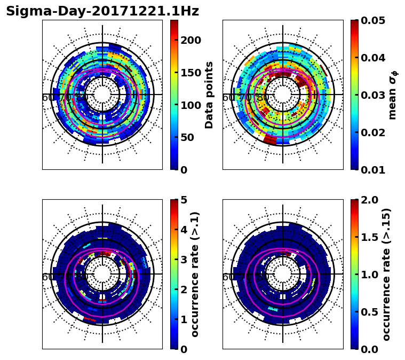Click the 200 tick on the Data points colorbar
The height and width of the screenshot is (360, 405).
190,41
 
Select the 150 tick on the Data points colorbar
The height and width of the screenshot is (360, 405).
190,73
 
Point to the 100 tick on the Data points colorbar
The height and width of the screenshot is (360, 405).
190,105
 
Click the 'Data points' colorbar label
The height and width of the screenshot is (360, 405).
209,95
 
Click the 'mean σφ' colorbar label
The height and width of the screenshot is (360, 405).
393,95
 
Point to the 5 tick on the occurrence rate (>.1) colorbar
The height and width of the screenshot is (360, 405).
184,200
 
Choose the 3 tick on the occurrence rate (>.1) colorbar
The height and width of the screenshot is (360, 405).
184,260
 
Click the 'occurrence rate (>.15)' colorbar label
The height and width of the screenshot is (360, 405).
386,274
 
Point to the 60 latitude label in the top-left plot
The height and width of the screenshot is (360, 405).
47,98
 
